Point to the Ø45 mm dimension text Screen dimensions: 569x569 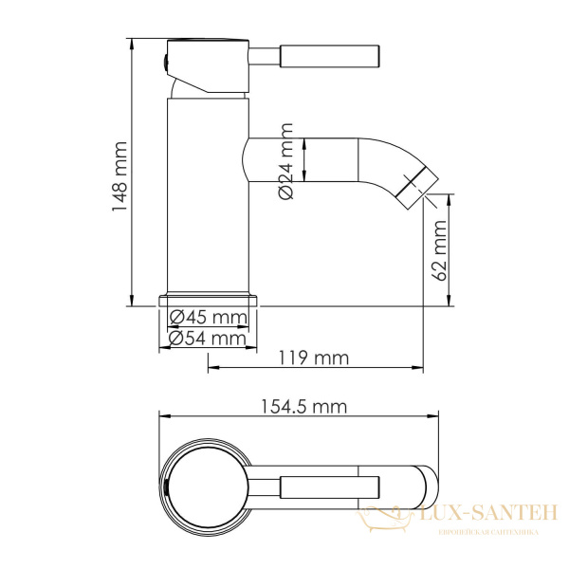206,318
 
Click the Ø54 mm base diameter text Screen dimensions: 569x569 206,338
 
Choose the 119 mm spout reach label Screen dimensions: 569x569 314,358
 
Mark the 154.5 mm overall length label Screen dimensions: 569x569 301,407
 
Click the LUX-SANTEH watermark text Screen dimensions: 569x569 485,516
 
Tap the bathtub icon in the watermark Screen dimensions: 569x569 381,517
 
